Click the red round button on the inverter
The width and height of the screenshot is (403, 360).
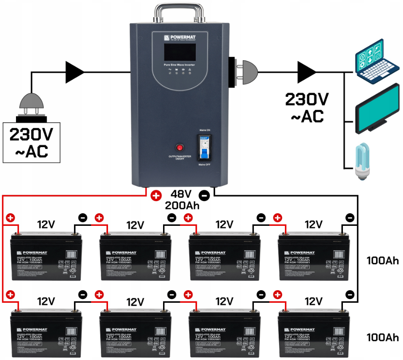pos(180,148)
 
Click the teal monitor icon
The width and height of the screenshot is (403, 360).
pos(377,110)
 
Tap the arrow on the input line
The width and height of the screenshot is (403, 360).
pos(74,72)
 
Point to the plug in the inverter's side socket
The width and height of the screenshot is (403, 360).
pos(246,72)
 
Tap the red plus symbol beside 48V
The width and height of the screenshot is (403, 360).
pos(156,196)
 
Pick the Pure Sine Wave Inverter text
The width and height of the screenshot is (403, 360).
pos(180,65)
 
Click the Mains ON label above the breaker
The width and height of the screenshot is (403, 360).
pos(205,131)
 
